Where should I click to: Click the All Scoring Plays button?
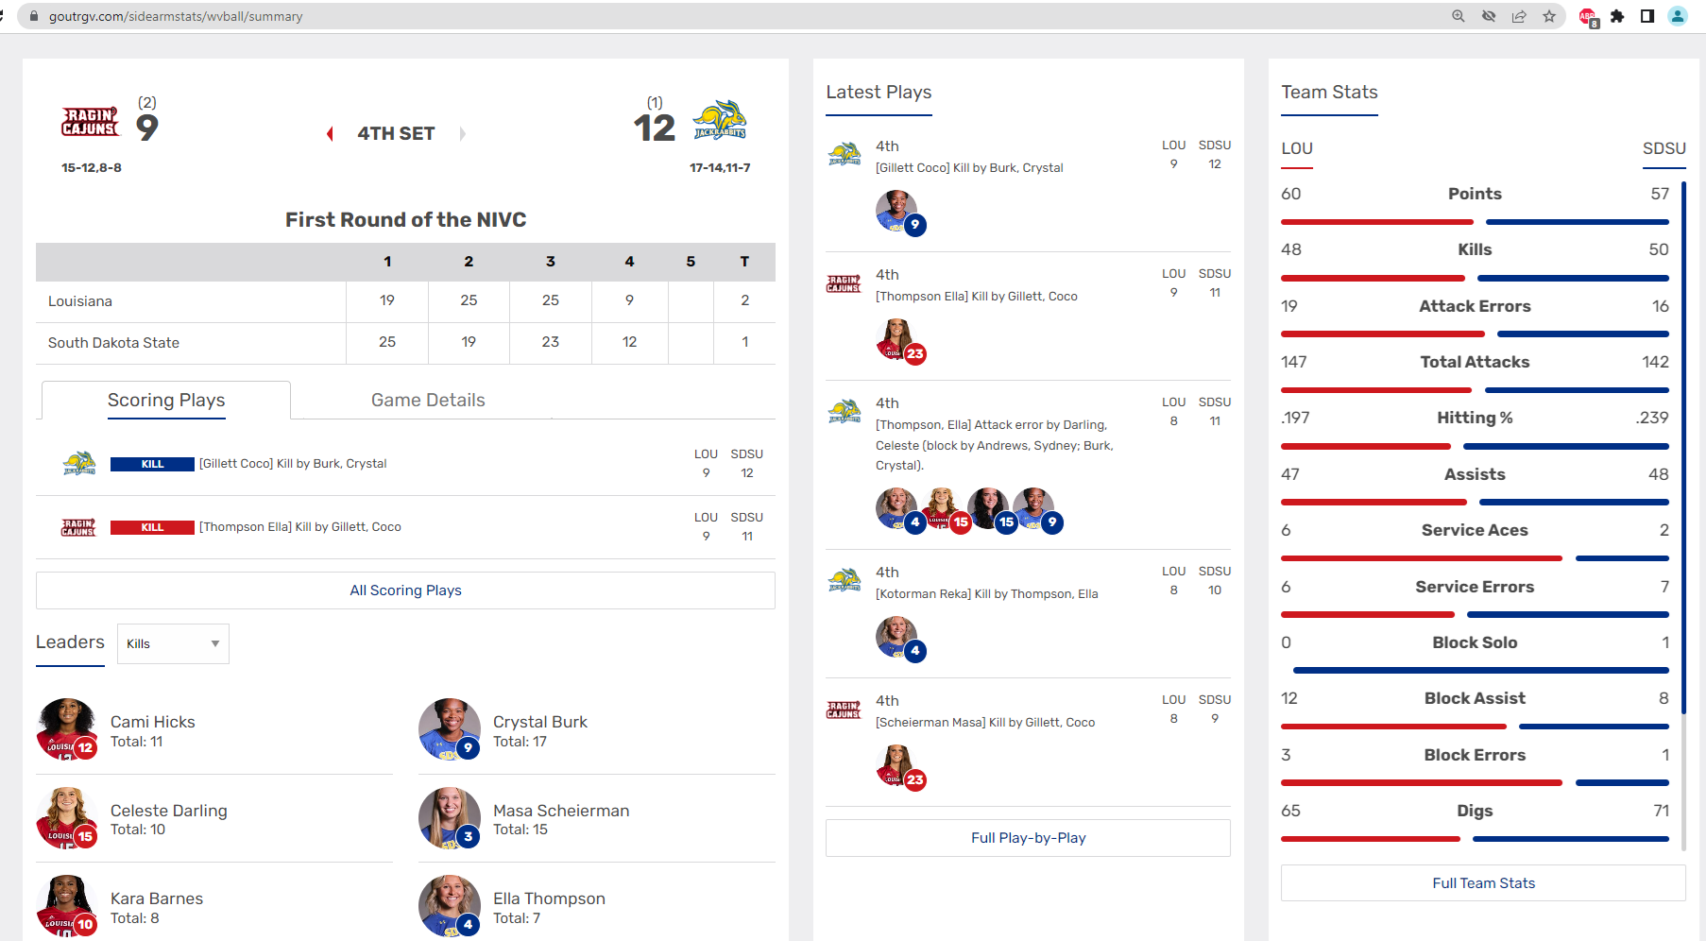tap(405, 590)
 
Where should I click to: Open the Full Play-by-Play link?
tap(1028, 838)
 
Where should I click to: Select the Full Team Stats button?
tap(1483, 883)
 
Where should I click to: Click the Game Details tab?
tap(428, 401)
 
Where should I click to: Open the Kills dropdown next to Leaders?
tap(173, 643)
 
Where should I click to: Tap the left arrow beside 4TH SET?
tap(330, 134)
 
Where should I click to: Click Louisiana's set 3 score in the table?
tap(550, 300)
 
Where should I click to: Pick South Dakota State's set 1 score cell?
tap(387, 342)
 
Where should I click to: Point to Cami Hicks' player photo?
tap(65, 728)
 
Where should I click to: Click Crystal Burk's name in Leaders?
tap(539, 722)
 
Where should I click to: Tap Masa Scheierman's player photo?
tap(449, 817)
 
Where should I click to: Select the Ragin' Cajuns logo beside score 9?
tap(91, 122)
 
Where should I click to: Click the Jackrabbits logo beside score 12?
tap(720, 120)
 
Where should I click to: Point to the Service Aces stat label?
tap(1475, 531)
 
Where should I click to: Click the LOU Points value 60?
tap(1291, 194)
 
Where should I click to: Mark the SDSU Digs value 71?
tap(1661, 811)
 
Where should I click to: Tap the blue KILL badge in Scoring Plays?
tap(152, 464)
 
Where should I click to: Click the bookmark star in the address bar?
tap(1549, 16)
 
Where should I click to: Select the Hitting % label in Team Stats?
tap(1475, 419)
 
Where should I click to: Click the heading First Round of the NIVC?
tap(405, 220)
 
